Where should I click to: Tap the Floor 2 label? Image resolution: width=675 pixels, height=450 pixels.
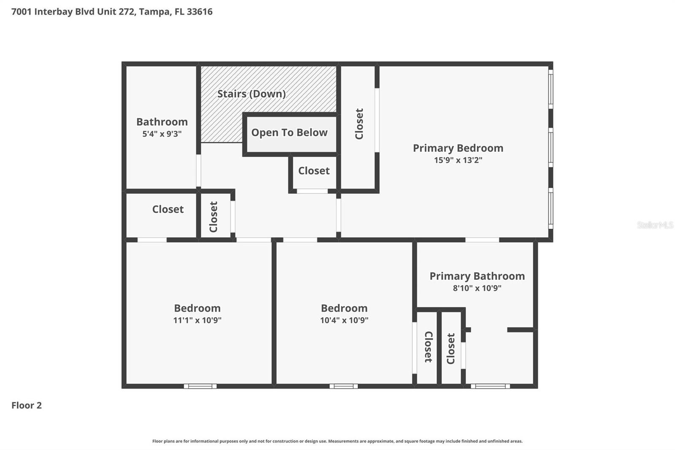point(26,405)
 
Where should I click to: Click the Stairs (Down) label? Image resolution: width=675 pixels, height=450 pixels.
point(251,94)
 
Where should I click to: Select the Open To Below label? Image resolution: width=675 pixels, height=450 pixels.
point(289,133)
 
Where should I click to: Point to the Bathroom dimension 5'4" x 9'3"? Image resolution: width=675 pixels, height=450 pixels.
point(162,134)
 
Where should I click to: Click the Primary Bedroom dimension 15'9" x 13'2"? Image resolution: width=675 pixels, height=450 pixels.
point(458,160)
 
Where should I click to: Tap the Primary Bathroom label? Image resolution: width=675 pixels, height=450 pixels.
point(477,276)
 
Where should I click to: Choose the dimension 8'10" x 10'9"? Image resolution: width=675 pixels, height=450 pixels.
point(477,288)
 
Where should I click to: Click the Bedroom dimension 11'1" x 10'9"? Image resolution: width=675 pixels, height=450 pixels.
point(197,320)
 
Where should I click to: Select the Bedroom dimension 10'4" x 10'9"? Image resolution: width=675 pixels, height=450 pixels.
point(344,320)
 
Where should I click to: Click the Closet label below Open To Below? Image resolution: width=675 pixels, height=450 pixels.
point(314,171)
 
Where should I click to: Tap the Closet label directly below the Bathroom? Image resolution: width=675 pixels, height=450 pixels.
point(168,209)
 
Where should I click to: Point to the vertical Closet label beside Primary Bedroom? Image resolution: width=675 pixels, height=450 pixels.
point(359,124)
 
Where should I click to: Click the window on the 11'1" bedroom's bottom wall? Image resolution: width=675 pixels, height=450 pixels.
point(200,386)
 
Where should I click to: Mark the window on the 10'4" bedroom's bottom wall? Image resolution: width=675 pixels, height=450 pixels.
point(343,386)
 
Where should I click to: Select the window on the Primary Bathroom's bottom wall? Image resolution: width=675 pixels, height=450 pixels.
point(490,386)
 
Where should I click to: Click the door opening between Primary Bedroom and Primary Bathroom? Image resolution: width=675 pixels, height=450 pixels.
point(482,240)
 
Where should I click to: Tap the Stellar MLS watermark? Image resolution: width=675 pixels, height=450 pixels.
point(655,225)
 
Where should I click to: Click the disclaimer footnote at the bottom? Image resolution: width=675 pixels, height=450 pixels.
point(337,441)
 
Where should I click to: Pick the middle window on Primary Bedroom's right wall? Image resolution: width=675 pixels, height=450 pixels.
point(551,147)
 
